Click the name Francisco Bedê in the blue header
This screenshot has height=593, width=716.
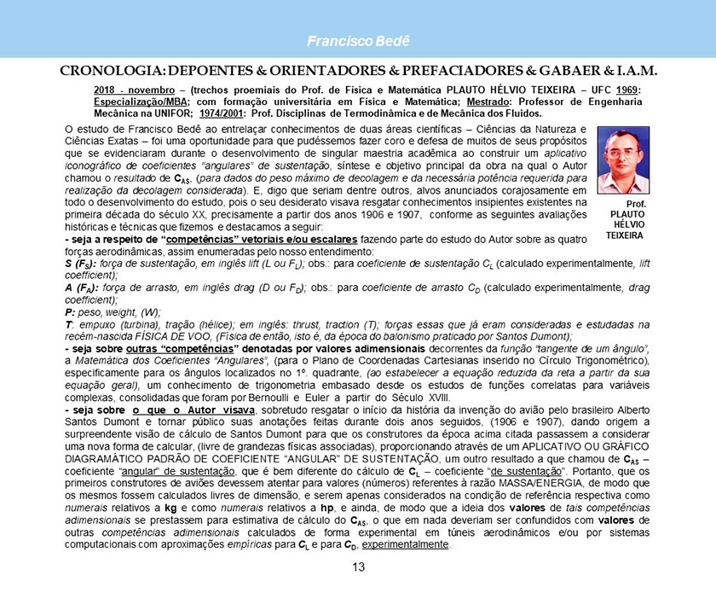358,42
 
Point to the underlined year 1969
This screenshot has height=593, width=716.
630,90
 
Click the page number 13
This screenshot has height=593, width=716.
358,568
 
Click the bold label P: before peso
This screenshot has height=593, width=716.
70,313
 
